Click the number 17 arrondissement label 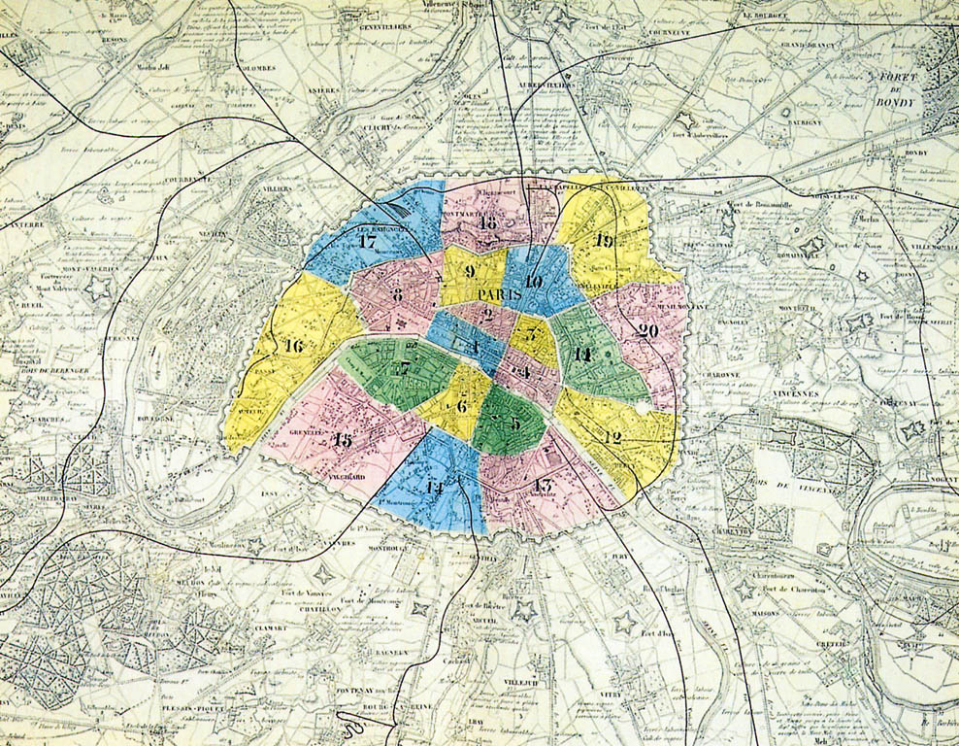[x=367, y=241]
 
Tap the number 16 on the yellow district [x=293, y=345]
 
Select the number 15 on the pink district [x=342, y=439]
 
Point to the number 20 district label [x=648, y=329]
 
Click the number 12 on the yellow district [x=612, y=437]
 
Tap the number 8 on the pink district [x=397, y=294]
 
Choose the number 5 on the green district [x=514, y=424]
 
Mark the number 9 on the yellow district [x=470, y=272]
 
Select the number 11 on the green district [x=581, y=355]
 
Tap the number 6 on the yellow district [x=462, y=406]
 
